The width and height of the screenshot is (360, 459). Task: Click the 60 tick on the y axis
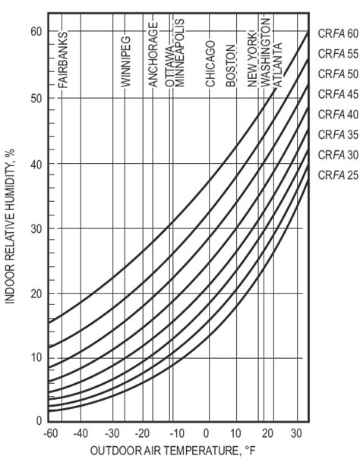point(36,31)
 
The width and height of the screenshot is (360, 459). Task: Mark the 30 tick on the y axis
point(36,228)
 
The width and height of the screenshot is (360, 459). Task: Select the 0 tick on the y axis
point(39,420)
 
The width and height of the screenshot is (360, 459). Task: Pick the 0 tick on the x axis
point(208,432)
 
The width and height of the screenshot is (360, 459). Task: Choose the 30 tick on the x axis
point(295,432)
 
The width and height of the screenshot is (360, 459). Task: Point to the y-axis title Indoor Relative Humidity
point(12,225)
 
